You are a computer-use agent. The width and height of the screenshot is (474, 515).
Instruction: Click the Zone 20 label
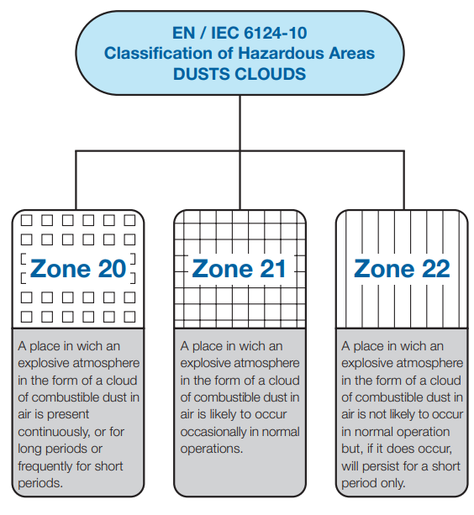[78, 269]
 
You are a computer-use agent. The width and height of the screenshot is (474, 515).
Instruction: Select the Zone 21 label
[239, 269]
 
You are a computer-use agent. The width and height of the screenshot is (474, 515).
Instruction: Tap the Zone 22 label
[402, 269]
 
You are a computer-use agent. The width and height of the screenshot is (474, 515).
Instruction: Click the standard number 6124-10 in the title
[276, 33]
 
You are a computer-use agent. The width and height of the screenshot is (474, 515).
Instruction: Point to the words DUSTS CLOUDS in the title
[240, 74]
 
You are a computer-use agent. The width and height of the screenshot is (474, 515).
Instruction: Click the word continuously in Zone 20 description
[53, 432]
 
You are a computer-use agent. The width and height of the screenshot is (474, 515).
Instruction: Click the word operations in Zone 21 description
[211, 449]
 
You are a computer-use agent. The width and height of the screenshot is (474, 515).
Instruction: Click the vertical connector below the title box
[240, 123]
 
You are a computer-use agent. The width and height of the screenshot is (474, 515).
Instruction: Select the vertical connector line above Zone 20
[76, 180]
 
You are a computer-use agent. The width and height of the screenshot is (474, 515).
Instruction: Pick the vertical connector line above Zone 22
[403, 180]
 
